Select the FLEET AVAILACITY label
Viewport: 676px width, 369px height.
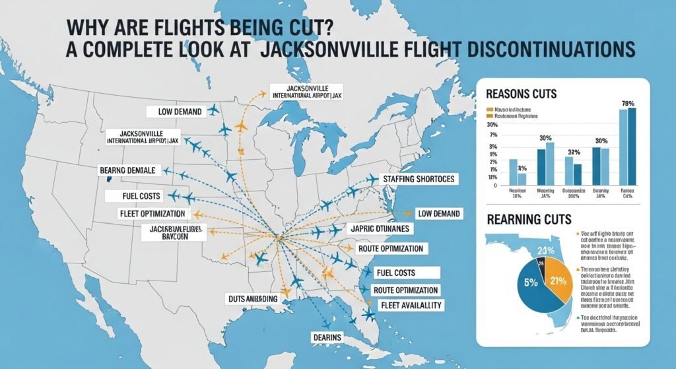tap(411, 305)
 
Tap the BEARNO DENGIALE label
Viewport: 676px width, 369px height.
tap(128, 170)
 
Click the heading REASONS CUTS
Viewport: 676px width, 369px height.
tap(522, 94)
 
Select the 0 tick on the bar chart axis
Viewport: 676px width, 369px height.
tap(496, 185)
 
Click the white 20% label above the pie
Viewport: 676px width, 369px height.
tap(545, 251)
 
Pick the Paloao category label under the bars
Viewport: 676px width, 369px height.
tap(627, 192)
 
